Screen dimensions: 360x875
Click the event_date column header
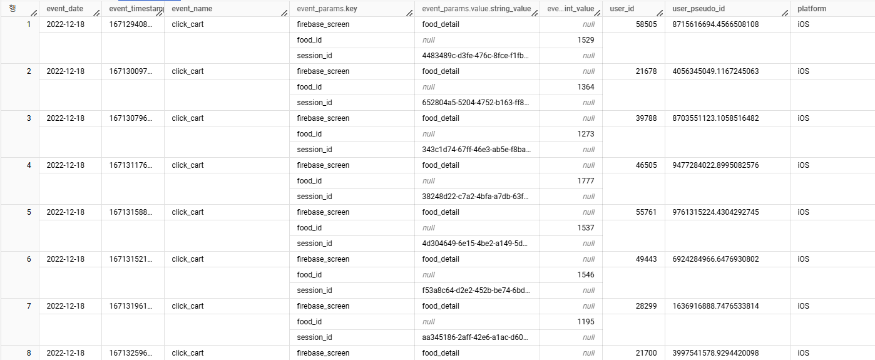pyautogui.click(x=64, y=9)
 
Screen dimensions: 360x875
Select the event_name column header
pyautogui.click(x=192, y=9)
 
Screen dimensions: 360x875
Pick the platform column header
pyautogui.click(x=812, y=9)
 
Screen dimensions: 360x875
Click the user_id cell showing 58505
pyautogui.click(x=646, y=24)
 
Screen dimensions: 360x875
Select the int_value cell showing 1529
pyautogui.click(x=586, y=40)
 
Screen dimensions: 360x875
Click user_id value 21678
pyautogui.click(x=646, y=71)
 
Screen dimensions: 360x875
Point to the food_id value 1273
pyautogui.click(x=586, y=134)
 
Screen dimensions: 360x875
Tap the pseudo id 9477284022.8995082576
pyautogui.click(x=715, y=165)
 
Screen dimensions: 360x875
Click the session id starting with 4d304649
pyautogui.click(x=476, y=244)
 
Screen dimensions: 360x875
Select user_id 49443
pyautogui.click(x=646, y=259)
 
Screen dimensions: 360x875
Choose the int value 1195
pyautogui.click(x=586, y=322)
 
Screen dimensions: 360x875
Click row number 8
pyautogui.click(x=29, y=353)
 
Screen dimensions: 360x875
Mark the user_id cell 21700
pyautogui.click(x=646, y=353)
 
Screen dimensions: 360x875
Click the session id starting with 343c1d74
pyautogui.click(x=476, y=150)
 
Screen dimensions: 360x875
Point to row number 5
pyautogui.click(x=29, y=212)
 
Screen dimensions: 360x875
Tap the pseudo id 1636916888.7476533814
pyautogui.click(x=715, y=306)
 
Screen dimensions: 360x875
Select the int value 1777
pyautogui.click(x=586, y=181)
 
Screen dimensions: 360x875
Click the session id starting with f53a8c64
pyautogui.click(x=476, y=291)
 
